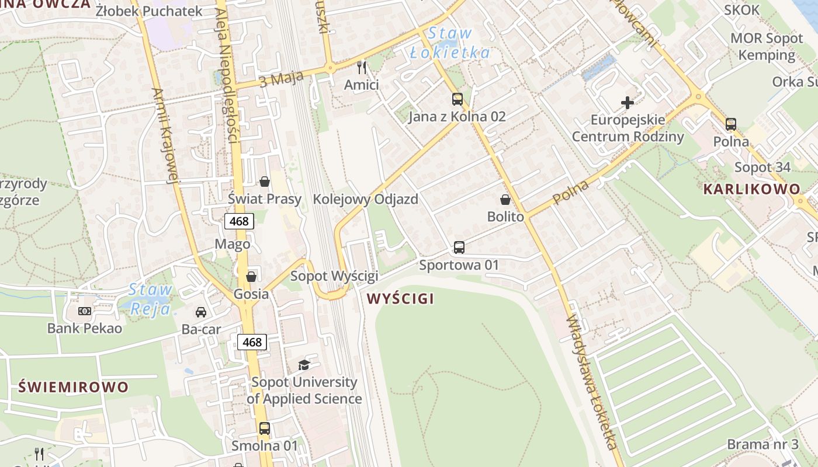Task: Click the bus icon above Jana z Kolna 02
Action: tap(457, 99)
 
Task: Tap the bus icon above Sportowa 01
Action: tap(459, 248)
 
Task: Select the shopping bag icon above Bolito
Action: tap(505, 200)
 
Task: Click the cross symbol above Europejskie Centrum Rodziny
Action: tap(628, 103)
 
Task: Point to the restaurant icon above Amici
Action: tap(362, 68)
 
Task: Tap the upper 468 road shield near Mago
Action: tap(239, 221)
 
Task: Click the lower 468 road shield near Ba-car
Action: tap(252, 342)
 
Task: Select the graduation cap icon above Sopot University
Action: tap(304, 365)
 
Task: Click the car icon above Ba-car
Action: tap(201, 312)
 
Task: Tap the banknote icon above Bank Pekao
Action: tap(85, 311)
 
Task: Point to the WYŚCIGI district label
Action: tap(400, 299)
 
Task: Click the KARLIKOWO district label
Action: tap(751, 189)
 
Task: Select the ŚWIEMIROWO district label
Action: tap(73, 387)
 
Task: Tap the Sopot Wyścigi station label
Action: tap(334, 276)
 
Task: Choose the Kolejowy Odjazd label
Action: tap(365, 199)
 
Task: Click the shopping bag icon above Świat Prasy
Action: tap(265, 182)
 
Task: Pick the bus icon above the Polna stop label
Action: tap(731, 124)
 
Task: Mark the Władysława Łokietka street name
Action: tap(592, 382)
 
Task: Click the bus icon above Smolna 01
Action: tap(265, 428)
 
